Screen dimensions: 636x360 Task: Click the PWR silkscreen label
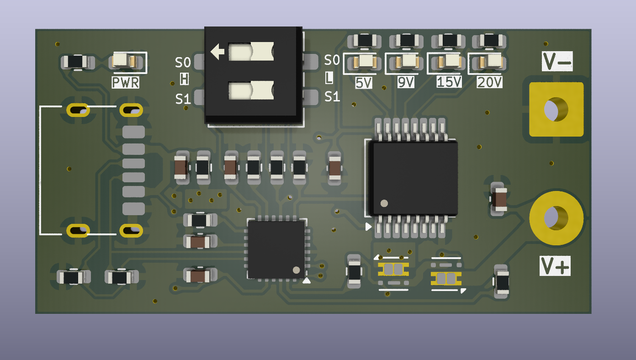pyautogui.click(x=126, y=82)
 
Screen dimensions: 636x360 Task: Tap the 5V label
pyautogui.click(x=364, y=83)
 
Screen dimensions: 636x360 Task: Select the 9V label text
pyautogui.click(x=406, y=82)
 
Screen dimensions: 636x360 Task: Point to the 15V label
pyautogui.click(x=449, y=82)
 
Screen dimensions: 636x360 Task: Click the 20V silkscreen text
pyautogui.click(x=489, y=82)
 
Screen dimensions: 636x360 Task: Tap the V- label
pyautogui.click(x=557, y=61)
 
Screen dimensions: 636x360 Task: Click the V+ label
pyautogui.click(x=555, y=266)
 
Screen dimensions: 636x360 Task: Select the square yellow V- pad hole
pyautogui.click(x=556, y=109)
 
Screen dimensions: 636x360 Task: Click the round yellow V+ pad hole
pyautogui.click(x=556, y=218)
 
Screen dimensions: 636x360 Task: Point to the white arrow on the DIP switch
pyautogui.click(x=217, y=52)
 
